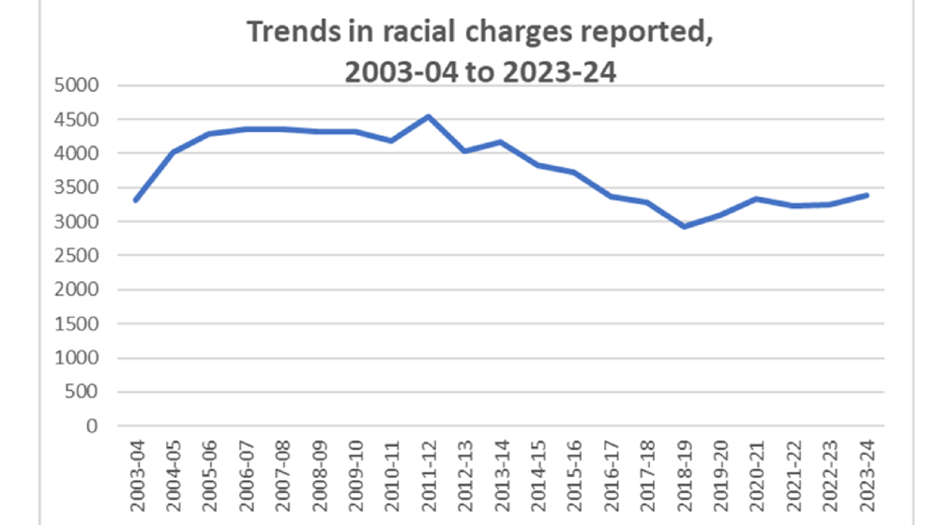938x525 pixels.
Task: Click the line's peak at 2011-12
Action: click(x=428, y=116)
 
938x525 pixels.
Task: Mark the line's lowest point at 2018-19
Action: click(x=684, y=226)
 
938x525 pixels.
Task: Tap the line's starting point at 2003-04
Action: click(x=136, y=200)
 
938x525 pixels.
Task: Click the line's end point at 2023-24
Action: click(x=866, y=195)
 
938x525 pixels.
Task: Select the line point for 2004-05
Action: click(x=173, y=152)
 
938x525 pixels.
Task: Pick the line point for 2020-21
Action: click(x=757, y=199)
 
